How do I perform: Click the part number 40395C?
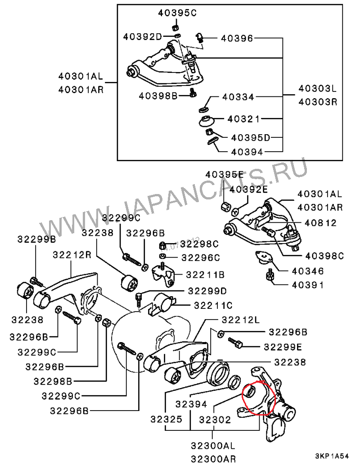pos(177,13)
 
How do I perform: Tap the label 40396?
pos(237,39)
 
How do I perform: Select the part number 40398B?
pos(158,95)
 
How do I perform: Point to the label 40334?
pos(238,97)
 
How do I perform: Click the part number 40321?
pos(243,119)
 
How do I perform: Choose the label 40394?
pos(247,152)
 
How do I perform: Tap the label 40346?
pos(308,271)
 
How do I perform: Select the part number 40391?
pos(308,285)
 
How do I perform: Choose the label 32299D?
pos(207,290)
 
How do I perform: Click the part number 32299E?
pos(283,347)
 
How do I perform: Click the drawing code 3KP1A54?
pos(332,456)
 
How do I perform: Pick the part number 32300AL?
pos(212,446)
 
